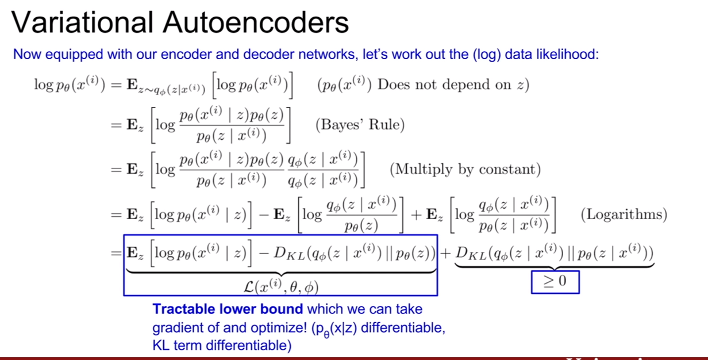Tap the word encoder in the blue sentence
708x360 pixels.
(x=187, y=54)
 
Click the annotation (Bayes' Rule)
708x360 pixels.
(x=360, y=125)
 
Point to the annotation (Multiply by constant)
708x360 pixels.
(x=465, y=169)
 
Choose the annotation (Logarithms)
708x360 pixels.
(x=624, y=214)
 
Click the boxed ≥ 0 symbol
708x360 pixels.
(x=555, y=282)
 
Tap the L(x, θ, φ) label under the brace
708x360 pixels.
(x=281, y=286)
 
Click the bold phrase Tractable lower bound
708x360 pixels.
(x=228, y=309)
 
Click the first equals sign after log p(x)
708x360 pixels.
(x=116, y=85)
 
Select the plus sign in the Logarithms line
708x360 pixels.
(x=416, y=215)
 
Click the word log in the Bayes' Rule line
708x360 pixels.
(x=165, y=125)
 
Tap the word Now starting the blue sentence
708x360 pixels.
(x=27, y=54)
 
